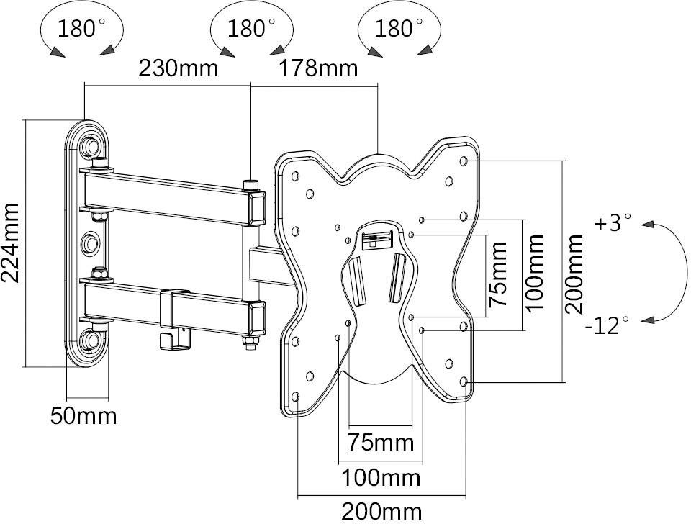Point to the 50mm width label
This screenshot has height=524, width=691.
(83, 415)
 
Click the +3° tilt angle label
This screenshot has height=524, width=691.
(613, 223)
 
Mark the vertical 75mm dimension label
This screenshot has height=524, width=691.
(498, 274)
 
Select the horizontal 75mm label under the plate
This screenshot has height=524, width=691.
(380, 441)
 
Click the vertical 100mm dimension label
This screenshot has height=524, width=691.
(534, 274)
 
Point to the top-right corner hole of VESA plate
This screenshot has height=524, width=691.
(464, 160)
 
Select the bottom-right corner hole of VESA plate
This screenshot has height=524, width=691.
(464, 381)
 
